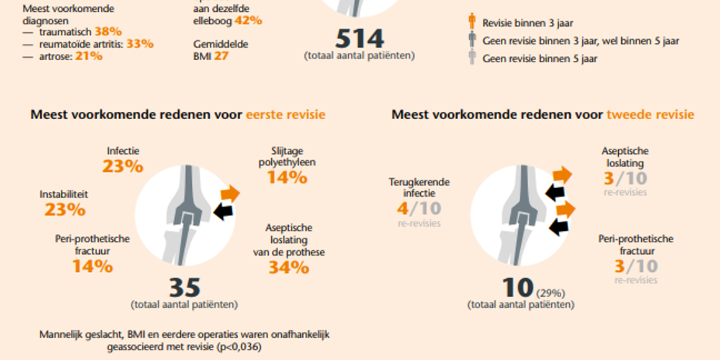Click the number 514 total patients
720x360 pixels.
[x=359, y=38]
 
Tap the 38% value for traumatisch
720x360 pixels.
[x=108, y=32]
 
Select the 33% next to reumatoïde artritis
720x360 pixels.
[x=140, y=44]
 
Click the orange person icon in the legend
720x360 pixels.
[x=472, y=22]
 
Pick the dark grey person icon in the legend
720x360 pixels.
[x=472, y=41]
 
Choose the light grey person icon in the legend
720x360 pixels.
[x=472, y=58]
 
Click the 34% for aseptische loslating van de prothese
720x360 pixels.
[x=289, y=268]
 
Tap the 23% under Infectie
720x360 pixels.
[x=123, y=166]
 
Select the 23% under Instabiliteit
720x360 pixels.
[x=65, y=210]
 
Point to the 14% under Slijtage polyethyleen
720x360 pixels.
[x=287, y=178]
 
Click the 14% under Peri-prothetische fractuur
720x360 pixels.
[x=92, y=266]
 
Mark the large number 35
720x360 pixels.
[x=184, y=288]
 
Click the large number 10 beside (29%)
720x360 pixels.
[x=518, y=288]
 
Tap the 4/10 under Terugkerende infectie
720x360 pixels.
[x=419, y=209]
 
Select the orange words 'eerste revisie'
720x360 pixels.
[x=286, y=115]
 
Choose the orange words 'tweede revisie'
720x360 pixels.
[x=650, y=115]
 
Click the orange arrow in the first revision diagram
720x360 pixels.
[x=230, y=194]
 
